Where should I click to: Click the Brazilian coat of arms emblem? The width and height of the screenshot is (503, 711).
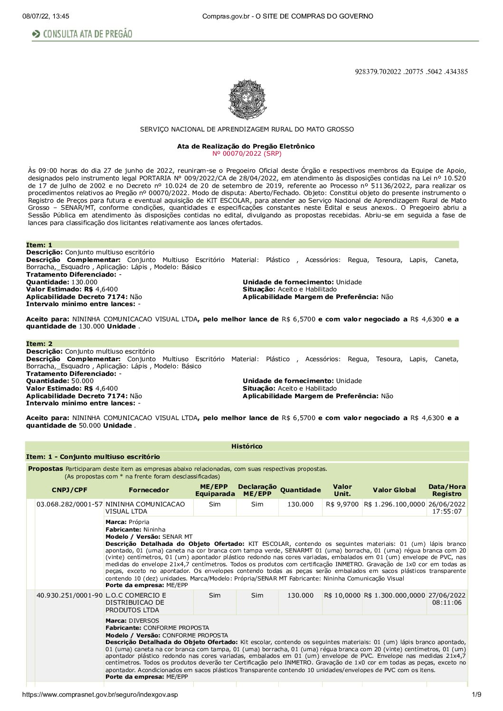pos(247,99)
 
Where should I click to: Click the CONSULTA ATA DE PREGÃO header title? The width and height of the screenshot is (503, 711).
pos(87,34)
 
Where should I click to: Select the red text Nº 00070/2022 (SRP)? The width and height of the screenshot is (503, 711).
pos(247,153)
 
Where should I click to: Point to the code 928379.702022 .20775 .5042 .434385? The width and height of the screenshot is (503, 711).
pos(411,72)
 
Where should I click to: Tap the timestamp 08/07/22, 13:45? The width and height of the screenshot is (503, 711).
pos(46,16)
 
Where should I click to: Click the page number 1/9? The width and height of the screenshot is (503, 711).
pos(477,695)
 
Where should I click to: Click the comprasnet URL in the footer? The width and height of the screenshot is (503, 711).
pos(100,695)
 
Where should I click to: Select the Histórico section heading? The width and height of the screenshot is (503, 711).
pos(247,446)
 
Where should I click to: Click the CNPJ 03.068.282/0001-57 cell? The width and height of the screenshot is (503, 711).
pos(70,504)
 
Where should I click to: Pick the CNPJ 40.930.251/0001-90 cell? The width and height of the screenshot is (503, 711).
pos(70,595)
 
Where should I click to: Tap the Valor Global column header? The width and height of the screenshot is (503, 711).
pos(394,490)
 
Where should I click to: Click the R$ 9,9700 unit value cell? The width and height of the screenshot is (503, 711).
pos(342,504)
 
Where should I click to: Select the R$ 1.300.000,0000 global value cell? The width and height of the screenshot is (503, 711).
pos(394,595)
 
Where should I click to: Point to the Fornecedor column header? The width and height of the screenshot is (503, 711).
pos(149,490)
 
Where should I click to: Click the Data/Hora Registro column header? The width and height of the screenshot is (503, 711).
pos(447,490)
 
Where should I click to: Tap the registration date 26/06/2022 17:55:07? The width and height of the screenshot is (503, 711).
pos(447,508)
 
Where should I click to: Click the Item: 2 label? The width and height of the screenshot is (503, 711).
pos(39,344)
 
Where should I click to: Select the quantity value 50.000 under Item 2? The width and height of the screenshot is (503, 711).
pos(83,381)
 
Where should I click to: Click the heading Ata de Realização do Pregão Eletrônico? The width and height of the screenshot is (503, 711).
pos(246,146)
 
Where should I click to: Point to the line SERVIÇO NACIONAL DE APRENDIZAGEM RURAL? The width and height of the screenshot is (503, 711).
pos(247,129)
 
